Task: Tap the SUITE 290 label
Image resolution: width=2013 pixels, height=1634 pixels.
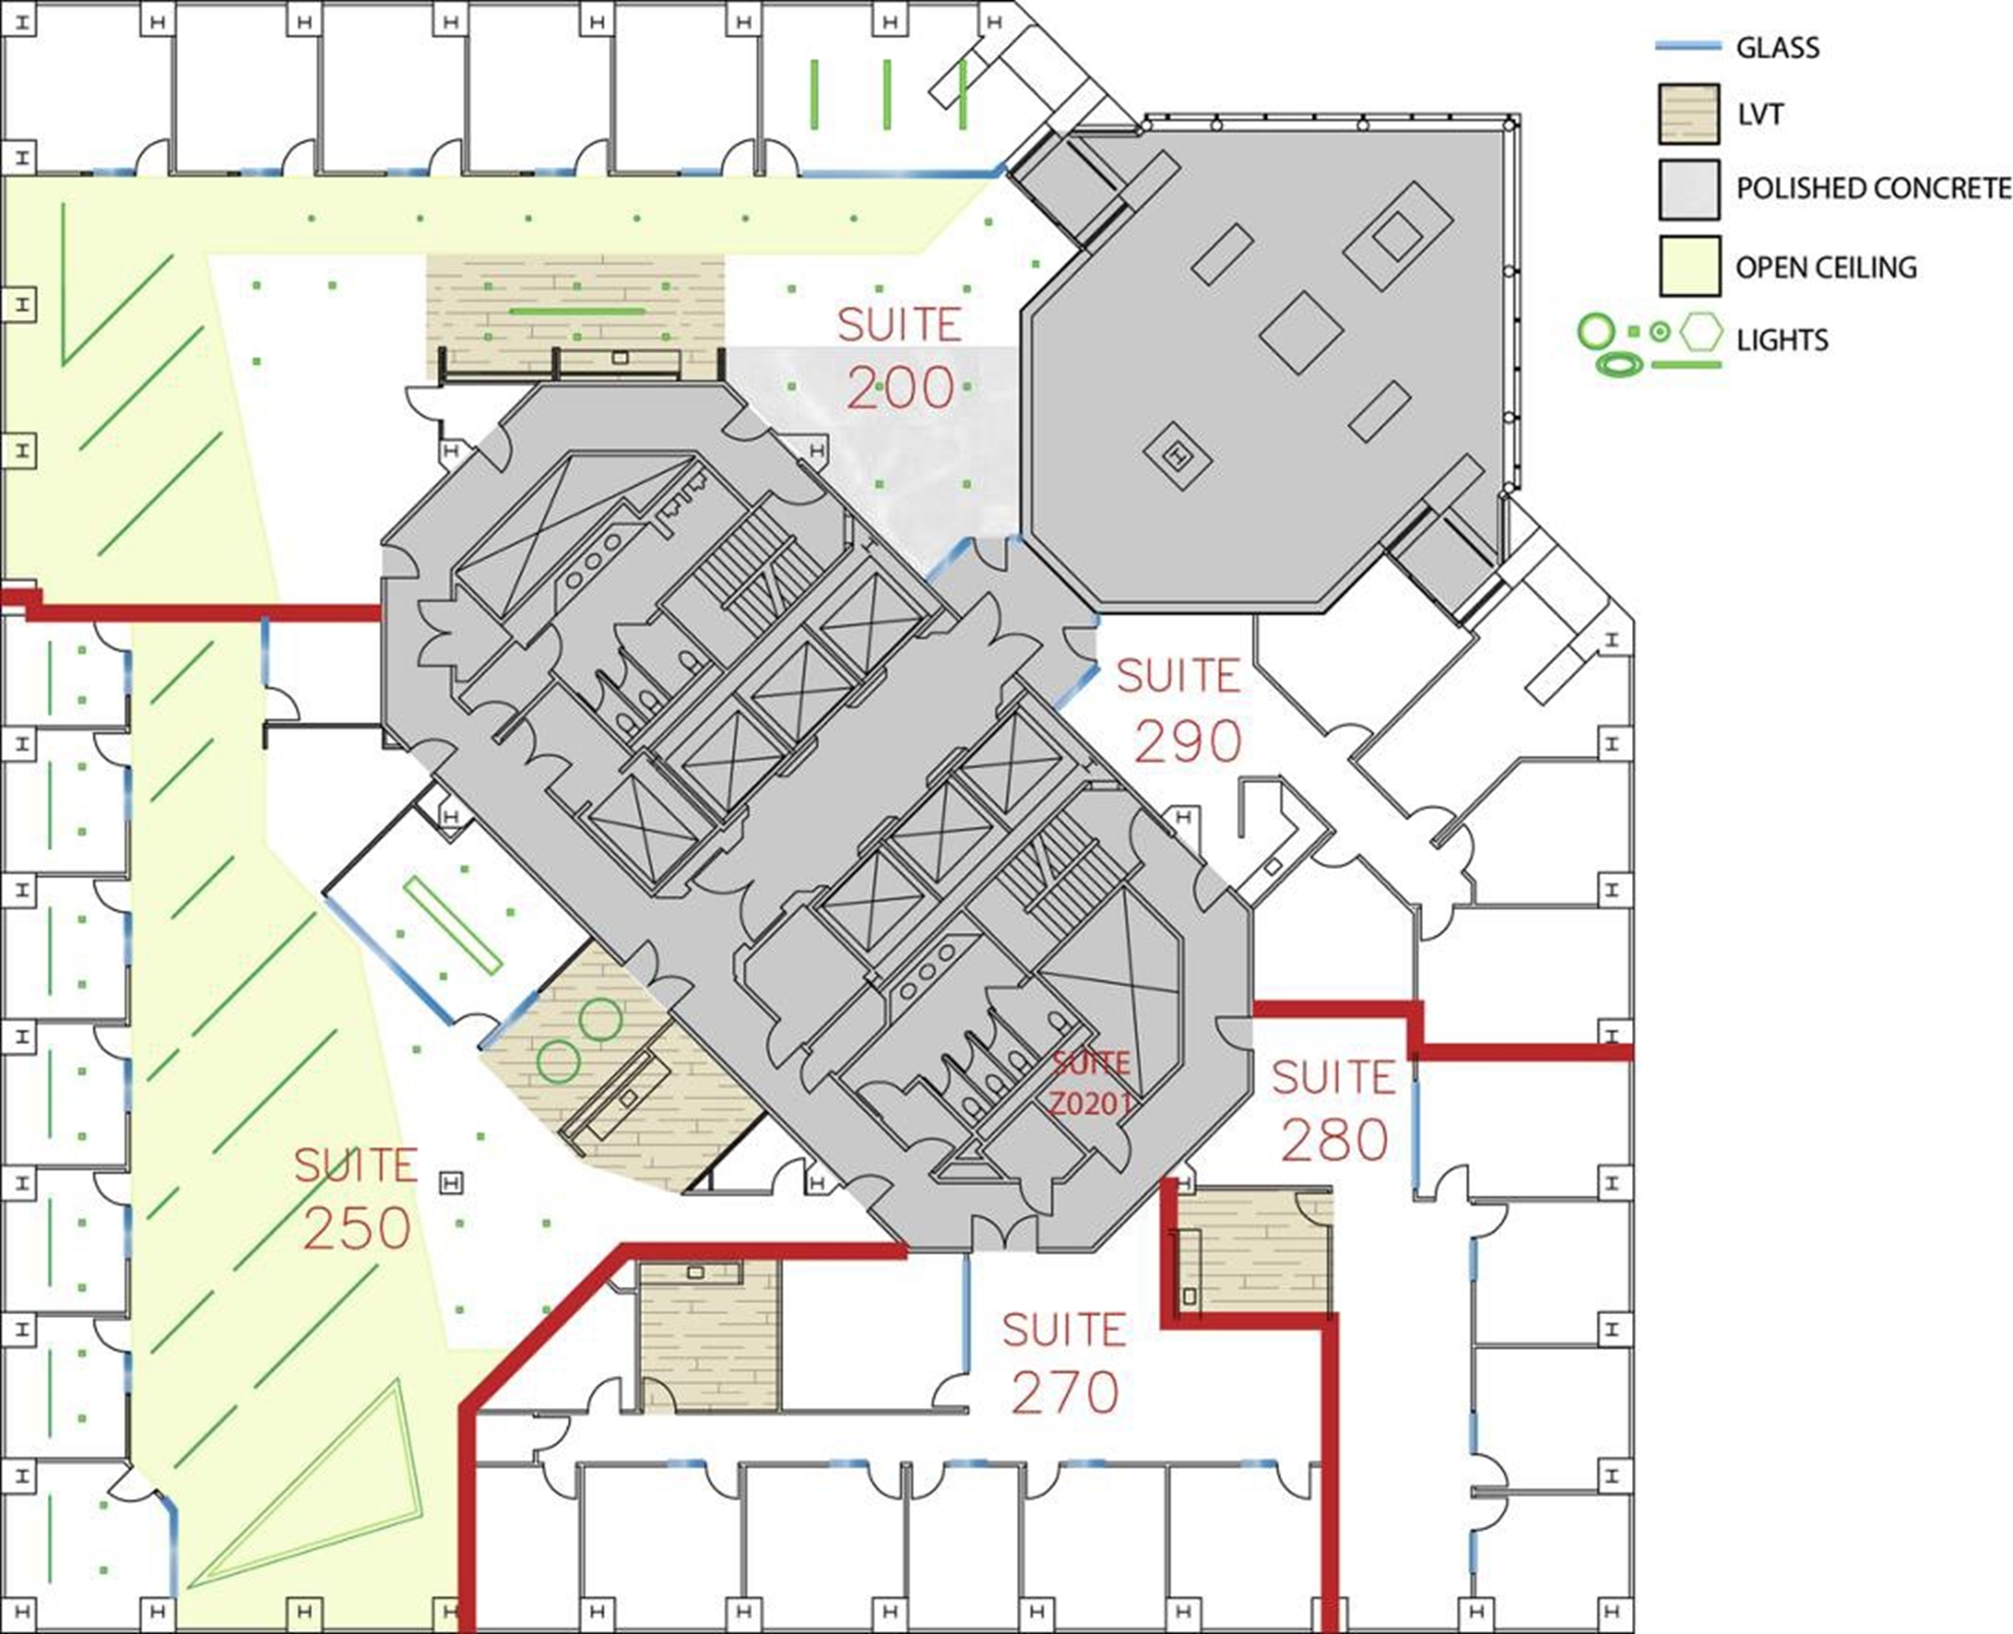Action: coord(1182,710)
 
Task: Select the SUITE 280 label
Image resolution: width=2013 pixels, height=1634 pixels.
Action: coord(1334,1110)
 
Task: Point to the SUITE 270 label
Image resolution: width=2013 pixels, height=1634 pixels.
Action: coord(1064,1363)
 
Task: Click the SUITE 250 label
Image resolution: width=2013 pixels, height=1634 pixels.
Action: coord(356,1198)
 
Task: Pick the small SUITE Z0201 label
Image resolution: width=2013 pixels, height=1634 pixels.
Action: coord(1090,1083)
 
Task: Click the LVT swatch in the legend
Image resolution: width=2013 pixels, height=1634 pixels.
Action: coord(1689,114)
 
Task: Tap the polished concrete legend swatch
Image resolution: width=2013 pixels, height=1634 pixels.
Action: coord(1689,189)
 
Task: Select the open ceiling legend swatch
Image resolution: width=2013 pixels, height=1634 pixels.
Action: coord(1689,266)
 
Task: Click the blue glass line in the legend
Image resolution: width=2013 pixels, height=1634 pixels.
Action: coord(1688,45)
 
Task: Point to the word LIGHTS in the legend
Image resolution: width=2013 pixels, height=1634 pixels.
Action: coord(1782,339)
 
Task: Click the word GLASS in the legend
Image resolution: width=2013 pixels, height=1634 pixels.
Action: coord(1777,47)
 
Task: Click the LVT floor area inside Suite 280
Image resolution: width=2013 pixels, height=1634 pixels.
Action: coord(1256,1252)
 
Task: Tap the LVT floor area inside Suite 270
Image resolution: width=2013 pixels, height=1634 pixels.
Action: coord(710,1335)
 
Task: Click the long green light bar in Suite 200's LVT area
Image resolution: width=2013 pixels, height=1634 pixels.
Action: coord(577,310)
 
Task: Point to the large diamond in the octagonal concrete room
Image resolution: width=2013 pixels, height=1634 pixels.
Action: coord(1301,332)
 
